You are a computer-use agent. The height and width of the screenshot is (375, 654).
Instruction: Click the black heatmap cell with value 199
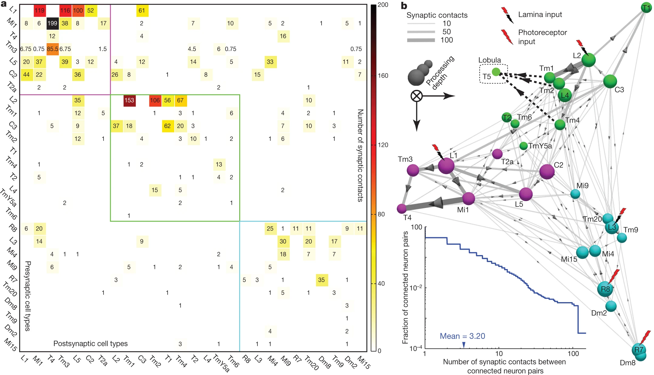[52, 23]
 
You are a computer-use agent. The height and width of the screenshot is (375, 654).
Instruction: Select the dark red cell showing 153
[129, 100]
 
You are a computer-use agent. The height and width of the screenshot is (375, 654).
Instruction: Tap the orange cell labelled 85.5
[52, 49]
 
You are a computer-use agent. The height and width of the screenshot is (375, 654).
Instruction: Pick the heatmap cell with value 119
[39, 10]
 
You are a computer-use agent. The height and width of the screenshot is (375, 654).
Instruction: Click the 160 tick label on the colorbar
[383, 76]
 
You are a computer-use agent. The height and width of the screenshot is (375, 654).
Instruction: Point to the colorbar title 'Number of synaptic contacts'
[360, 155]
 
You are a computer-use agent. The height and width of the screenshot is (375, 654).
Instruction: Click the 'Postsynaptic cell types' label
[90, 343]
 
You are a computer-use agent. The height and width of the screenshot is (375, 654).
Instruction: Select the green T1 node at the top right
[646, 8]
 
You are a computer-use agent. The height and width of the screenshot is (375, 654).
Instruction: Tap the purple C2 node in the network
[547, 172]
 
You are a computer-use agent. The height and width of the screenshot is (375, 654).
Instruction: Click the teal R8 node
[605, 289]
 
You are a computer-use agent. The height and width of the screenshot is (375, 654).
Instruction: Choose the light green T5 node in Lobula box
[496, 72]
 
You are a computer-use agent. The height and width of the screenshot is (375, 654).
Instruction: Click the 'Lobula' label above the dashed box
[489, 60]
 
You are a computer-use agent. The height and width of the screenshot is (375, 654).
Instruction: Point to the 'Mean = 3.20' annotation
[462, 336]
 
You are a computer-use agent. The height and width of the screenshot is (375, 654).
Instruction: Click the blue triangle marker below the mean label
[464, 344]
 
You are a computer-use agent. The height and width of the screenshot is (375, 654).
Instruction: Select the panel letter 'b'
[404, 6]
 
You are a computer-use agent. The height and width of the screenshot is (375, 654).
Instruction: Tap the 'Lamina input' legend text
[540, 15]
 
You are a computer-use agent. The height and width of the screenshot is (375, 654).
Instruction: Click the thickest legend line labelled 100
[421, 40]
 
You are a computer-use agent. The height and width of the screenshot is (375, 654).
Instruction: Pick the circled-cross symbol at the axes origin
[417, 96]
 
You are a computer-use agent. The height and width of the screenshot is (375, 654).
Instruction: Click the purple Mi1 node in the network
[468, 198]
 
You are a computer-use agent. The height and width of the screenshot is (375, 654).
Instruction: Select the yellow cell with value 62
[167, 126]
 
